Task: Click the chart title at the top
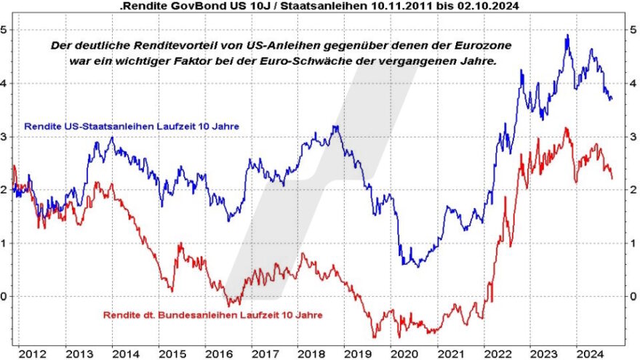point(320,6)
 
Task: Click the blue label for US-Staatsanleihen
point(132,127)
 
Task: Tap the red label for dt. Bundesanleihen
point(212,315)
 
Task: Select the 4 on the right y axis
point(633,83)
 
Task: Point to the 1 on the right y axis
point(633,243)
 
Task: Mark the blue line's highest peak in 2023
point(567,35)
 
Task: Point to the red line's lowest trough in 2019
point(375,337)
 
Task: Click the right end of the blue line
point(612,98)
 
